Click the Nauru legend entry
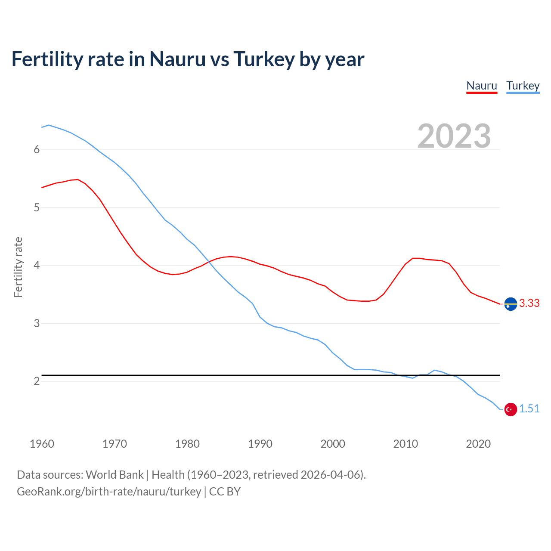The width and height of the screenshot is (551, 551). point(482,86)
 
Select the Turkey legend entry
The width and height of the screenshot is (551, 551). point(523,86)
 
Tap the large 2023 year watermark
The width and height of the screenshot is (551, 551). point(454,136)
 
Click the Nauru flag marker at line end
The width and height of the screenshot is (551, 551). point(511,304)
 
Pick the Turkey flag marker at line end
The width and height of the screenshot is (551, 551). point(511,409)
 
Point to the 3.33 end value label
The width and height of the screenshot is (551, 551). point(529,303)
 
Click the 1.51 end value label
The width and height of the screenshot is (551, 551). point(529,409)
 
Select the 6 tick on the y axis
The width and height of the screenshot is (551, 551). point(37,150)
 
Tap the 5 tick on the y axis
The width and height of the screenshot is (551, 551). point(37,208)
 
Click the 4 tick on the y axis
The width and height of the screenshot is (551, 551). point(37,266)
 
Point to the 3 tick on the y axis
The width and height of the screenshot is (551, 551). point(37,323)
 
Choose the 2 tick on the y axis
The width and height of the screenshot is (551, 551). point(37,381)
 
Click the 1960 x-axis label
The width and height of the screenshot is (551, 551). point(42,444)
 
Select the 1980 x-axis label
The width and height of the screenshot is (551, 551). point(187,444)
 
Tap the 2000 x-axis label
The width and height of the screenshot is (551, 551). point(333,444)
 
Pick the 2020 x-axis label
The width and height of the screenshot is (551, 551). point(478,444)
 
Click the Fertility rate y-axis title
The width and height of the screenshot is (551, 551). point(18,267)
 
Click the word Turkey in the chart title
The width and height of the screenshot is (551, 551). point(264,59)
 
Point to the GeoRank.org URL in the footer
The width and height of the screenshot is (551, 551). point(109,492)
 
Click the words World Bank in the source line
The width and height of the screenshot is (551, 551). point(115,475)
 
